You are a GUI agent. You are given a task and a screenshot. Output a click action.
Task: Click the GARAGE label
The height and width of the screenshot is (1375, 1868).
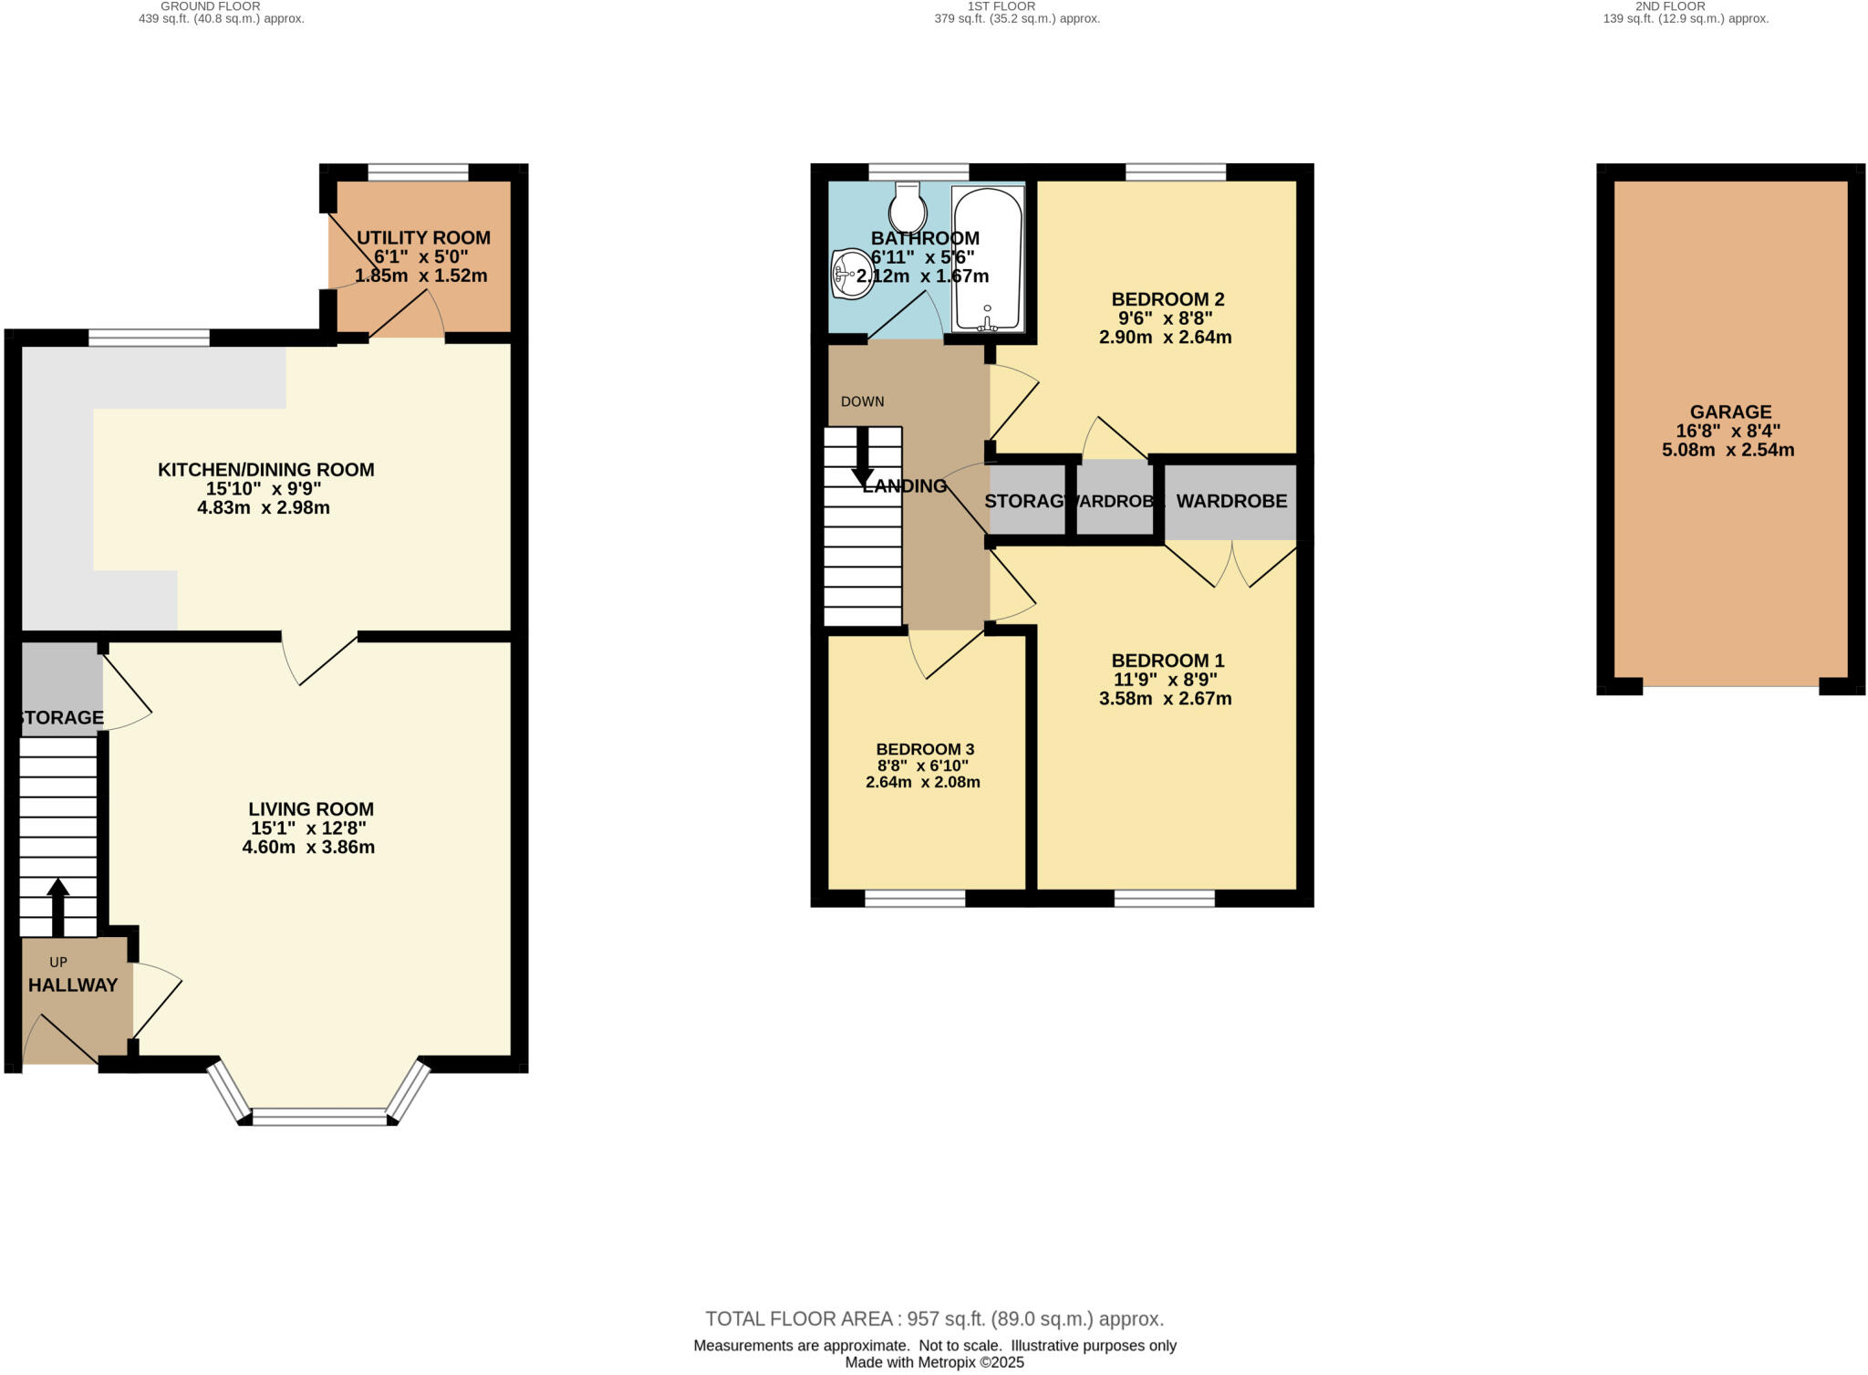click(x=1730, y=411)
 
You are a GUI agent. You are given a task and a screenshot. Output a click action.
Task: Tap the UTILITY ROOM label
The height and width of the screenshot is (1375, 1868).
click(x=423, y=238)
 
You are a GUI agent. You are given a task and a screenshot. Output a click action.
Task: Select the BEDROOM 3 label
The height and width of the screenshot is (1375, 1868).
click(x=925, y=749)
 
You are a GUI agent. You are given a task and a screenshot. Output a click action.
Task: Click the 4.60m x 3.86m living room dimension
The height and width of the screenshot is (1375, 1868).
click(x=308, y=847)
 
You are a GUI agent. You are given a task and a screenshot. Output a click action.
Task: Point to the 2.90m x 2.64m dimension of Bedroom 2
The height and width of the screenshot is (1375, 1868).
click(x=1165, y=337)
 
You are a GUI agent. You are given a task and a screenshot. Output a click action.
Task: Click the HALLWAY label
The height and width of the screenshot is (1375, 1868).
click(x=73, y=985)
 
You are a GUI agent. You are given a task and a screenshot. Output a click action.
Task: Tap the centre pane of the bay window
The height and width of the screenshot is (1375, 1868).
click(x=319, y=1117)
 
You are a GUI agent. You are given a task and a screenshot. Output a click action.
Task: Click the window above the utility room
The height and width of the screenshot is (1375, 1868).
click(x=418, y=172)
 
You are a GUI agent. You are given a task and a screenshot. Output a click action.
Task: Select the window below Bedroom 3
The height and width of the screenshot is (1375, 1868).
click(x=915, y=900)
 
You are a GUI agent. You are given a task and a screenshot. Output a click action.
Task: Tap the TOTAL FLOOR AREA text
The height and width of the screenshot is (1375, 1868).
click(x=934, y=1318)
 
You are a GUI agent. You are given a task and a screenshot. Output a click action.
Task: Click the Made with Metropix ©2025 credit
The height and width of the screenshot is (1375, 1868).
click(x=934, y=1362)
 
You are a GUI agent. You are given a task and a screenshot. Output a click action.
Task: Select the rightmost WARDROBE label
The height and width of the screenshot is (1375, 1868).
click(x=1230, y=501)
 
